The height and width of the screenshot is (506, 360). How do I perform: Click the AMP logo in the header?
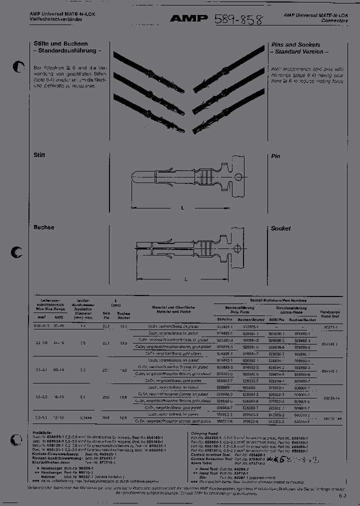coord(188,19)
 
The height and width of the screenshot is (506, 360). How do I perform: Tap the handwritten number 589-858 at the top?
coord(238,19)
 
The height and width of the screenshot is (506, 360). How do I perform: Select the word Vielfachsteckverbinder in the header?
coord(52,19)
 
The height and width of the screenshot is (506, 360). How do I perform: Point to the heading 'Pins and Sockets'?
coord(295,45)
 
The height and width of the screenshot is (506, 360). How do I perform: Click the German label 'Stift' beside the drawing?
coord(39,155)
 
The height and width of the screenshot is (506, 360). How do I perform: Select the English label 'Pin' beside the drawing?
coord(275,156)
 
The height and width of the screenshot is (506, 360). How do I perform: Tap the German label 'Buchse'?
coord(43,227)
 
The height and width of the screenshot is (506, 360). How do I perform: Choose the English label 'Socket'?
coord(280,228)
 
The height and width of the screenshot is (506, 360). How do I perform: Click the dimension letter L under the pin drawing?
coord(182,207)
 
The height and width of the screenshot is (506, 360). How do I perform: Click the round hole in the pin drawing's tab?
coord(239,176)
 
